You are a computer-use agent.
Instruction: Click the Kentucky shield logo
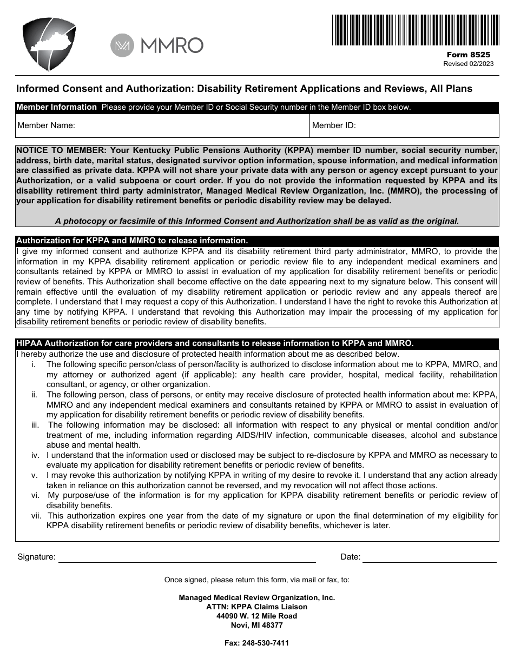49,44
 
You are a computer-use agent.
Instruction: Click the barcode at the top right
415,30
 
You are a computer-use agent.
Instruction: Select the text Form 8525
469,55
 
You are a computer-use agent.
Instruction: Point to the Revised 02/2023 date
469,63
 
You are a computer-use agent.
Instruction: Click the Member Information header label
56,107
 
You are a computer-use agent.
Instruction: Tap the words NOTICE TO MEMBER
61,150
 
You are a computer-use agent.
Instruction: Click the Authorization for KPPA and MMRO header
132,241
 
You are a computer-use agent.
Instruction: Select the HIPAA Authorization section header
215,343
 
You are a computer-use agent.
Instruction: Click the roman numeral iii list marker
35,425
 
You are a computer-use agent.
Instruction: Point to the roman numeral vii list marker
36,516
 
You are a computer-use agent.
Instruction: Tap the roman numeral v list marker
34,475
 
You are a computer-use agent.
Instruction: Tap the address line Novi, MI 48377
257,625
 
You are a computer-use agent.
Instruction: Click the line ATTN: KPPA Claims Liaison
257,607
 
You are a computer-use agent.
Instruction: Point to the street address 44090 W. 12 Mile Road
257,616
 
